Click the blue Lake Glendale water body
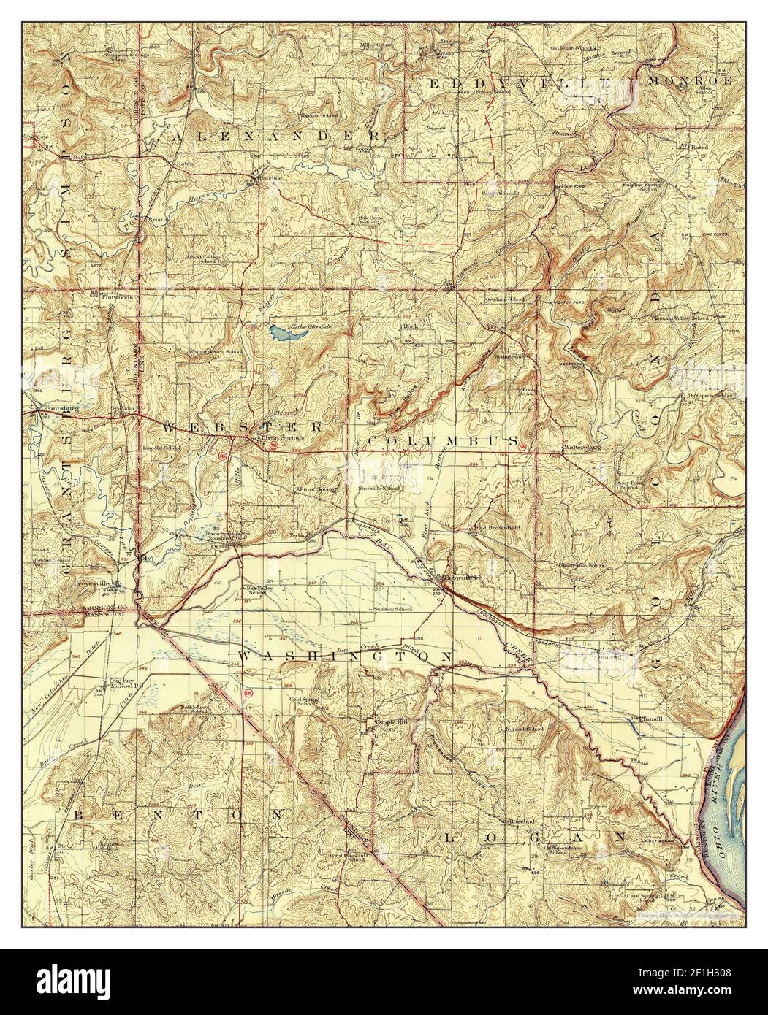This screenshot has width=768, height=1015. (284, 334)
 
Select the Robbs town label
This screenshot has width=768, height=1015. (185, 164)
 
